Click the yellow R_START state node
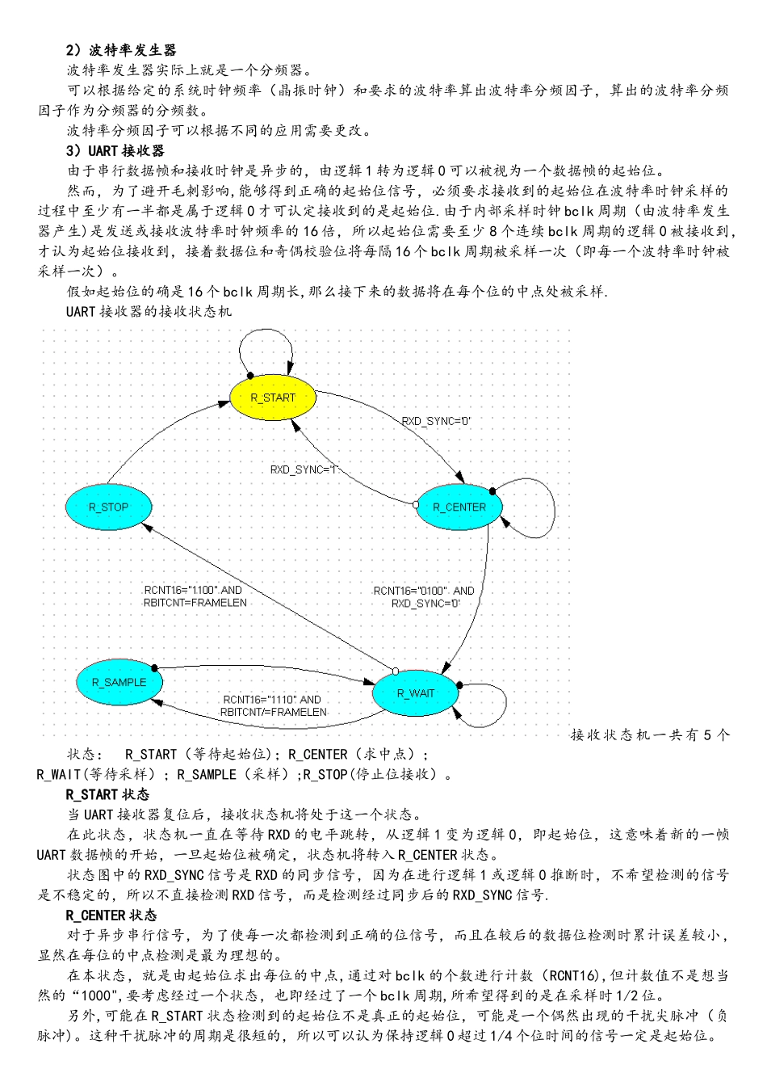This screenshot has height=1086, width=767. tap(273, 398)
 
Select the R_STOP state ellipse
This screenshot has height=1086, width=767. tap(108, 507)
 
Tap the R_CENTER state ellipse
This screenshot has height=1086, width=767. tap(459, 507)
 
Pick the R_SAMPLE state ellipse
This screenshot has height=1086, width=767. tap(119, 683)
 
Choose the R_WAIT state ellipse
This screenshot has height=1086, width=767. tap(415, 693)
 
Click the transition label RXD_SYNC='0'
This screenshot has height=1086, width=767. tap(436, 421)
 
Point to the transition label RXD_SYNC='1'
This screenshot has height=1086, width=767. tap(304, 469)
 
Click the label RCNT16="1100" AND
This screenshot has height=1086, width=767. tap(193, 590)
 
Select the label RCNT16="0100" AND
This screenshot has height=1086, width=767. tap(424, 591)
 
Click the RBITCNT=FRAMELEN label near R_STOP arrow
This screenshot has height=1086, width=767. tap(195, 603)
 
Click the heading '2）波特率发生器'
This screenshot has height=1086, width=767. tap(121, 50)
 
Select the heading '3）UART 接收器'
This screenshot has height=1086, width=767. tap(115, 150)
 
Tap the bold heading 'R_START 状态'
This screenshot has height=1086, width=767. tap(107, 794)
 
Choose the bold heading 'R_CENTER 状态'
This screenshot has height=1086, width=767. tap(111, 916)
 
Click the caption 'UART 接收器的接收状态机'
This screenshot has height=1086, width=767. tap(149, 311)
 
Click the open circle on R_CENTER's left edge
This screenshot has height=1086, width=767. tap(416, 504)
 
